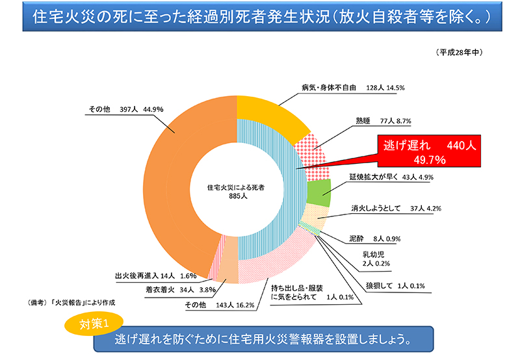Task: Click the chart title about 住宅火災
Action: [260, 15]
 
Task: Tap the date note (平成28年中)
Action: [459, 51]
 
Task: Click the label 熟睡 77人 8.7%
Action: [383, 121]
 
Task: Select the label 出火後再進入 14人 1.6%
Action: [151, 275]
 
